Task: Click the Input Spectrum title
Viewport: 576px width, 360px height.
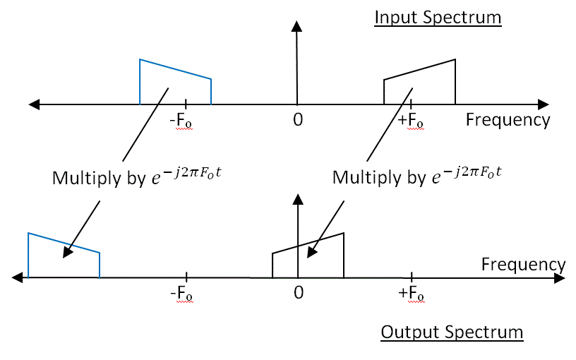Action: (x=437, y=18)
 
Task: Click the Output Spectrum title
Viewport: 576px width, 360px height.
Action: (x=452, y=332)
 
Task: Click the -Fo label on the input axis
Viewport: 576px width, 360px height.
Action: (x=181, y=121)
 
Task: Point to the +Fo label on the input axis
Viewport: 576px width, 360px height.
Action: (x=411, y=121)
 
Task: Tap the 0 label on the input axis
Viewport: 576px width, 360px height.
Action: (x=298, y=120)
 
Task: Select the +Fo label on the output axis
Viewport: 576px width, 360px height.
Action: (x=412, y=293)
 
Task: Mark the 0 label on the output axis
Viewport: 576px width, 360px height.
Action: (x=299, y=292)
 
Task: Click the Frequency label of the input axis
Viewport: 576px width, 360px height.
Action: (x=508, y=120)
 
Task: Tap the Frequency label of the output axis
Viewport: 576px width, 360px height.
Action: (x=523, y=265)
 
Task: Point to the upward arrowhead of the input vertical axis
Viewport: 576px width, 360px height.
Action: (x=297, y=27)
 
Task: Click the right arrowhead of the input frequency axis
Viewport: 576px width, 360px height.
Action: (x=544, y=104)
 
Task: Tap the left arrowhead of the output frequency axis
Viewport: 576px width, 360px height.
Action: (x=18, y=277)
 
